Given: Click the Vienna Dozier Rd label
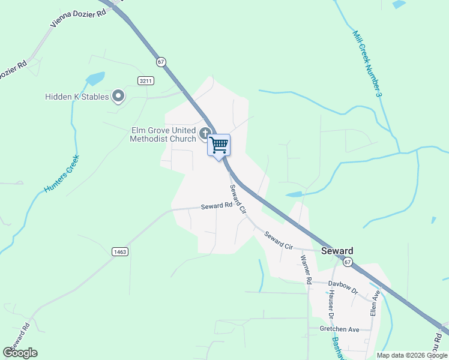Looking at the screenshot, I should click(x=79, y=19).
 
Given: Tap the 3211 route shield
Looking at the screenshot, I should click(x=145, y=80).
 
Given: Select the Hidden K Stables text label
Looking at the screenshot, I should click(x=77, y=97).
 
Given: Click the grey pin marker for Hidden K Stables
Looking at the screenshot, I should click(x=118, y=95).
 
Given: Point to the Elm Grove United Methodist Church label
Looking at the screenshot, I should click(x=164, y=134).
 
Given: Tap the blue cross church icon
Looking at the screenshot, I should click(x=205, y=133).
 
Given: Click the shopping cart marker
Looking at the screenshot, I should click(x=219, y=144).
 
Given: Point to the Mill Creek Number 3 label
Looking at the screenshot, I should click(x=367, y=64).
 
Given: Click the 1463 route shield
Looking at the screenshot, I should click(x=119, y=252).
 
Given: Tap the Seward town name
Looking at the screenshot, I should click(x=337, y=251).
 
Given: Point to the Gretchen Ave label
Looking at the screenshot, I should click(x=339, y=329).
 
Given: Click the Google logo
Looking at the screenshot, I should click(x=20, y=353).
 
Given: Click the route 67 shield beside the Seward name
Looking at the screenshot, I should click(x=348, y=262).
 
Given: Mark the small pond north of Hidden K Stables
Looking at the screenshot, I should click(x=95, y=79).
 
